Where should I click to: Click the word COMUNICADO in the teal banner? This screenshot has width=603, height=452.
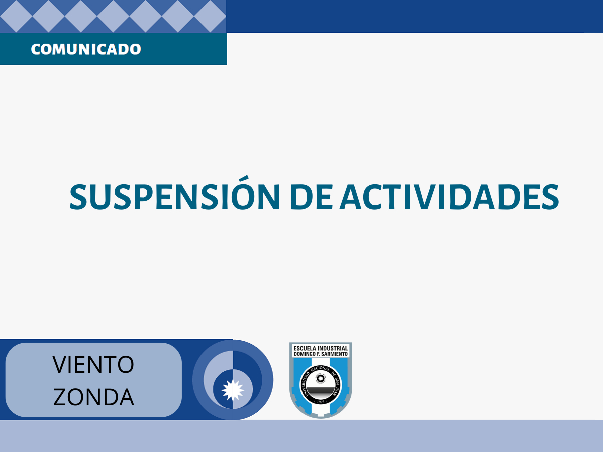coord(86,49)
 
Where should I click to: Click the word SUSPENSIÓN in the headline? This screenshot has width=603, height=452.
coord(175,193)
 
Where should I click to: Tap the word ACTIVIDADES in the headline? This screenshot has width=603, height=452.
coord(449,197)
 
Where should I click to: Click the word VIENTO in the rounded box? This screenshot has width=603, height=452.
coord(93,365)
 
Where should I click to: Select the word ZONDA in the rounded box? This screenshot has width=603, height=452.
coord(93,397)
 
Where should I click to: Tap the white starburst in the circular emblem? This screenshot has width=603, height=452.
coord(233,390)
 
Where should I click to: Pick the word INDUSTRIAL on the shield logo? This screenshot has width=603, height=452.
coord(333,348)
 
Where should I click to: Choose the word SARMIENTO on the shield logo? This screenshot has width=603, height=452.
coord(334,354)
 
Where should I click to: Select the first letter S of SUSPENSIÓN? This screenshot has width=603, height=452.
coord(78,197)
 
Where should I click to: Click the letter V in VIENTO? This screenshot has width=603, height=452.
coord(60,365)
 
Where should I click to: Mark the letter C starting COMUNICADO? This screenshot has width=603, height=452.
coord(36,49)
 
